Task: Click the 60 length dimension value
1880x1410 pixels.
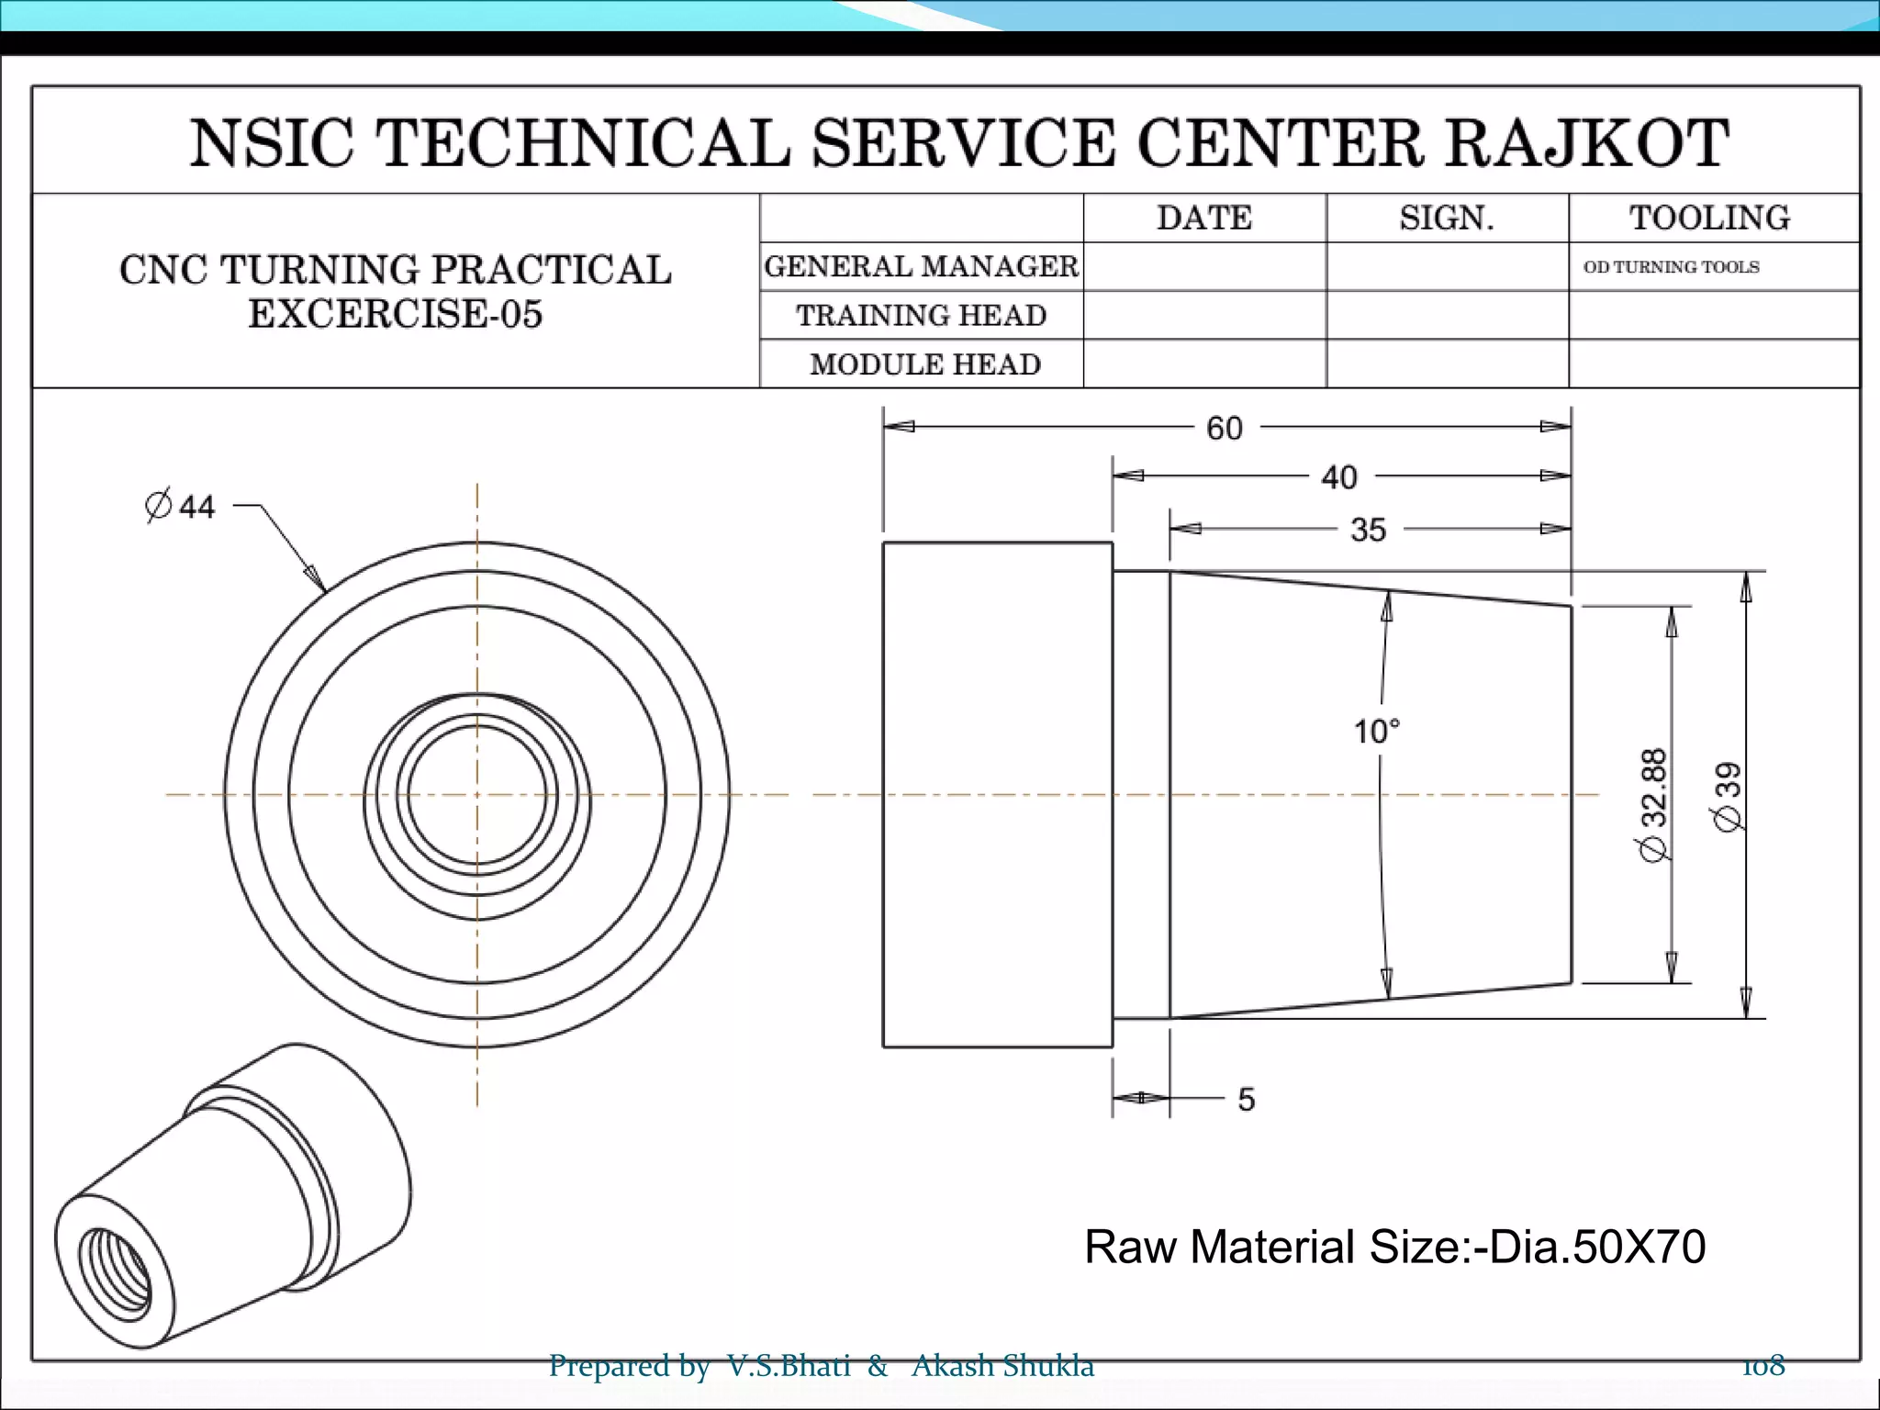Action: pos(1224,429)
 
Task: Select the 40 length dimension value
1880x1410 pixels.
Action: pos(1338,477)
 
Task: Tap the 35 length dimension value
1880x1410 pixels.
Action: pos(1368,530)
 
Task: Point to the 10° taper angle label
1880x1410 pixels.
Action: pos(1376,732)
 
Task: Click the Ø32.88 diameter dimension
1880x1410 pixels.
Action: pos(1654,804)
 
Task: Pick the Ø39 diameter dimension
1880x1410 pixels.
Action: pos(1729,796)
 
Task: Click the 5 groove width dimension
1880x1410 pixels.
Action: pos(1246,1099)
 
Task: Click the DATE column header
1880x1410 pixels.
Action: pos(1203,218)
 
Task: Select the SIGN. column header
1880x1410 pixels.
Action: pos(1447,218)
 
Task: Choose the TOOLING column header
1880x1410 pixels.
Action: pos(1709,218)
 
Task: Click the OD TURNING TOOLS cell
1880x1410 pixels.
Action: pos(1671,267)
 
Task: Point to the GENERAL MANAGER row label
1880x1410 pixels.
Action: pos(921,267)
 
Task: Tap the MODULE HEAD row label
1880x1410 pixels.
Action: pos(924,364)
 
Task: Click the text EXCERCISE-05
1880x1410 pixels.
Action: pos(396,314)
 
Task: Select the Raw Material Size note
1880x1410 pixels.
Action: pos(1394,1247)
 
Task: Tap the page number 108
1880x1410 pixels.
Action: pos(1763,1366)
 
